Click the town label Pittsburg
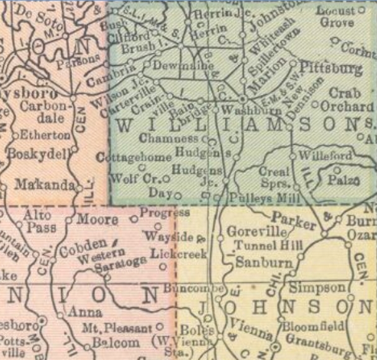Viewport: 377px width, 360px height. point(331,68)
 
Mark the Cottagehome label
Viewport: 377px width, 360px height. point(135,157)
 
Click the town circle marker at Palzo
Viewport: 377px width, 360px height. point(337,168)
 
